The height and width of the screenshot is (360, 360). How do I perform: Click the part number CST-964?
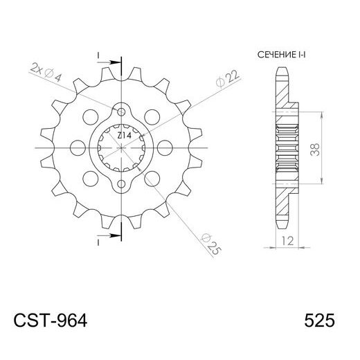point(50,321)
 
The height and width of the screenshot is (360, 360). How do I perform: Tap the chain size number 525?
point(319,321)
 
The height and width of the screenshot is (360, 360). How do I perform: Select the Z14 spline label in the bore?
point(120,136)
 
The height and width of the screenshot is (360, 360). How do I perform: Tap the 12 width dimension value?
point(286,240)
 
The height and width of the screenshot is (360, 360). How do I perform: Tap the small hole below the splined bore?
point(123,184)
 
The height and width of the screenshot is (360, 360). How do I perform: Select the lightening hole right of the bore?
point(166,148)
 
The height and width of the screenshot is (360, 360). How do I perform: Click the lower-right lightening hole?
point(154,179)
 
